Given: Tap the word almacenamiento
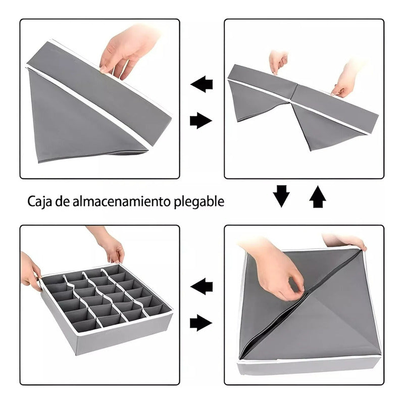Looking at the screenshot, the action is tap(121, 201).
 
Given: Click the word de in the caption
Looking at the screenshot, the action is tap(62, 201).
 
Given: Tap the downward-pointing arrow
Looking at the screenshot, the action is tap(281, 196).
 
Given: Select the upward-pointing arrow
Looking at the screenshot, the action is tap(318, 196).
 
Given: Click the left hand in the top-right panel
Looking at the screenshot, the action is tap(278, 62).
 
